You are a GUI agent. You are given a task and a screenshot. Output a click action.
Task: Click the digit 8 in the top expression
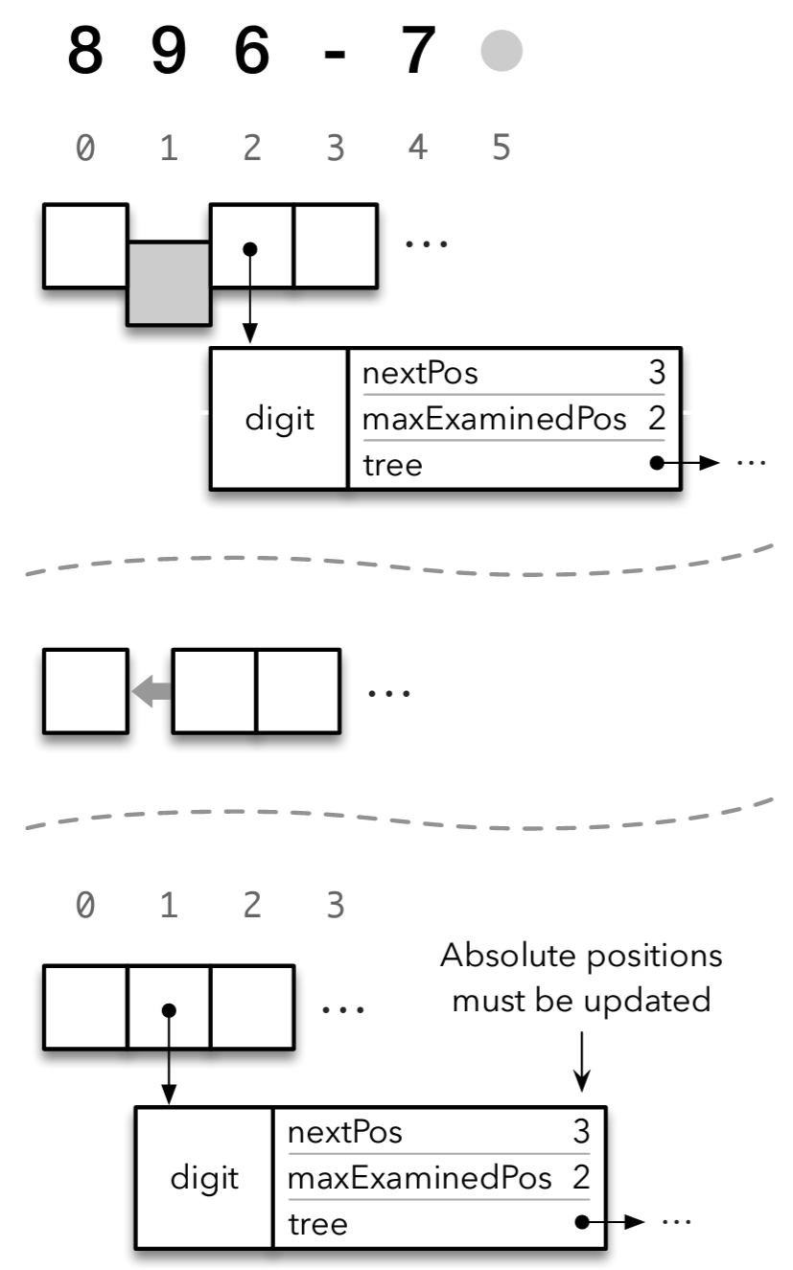tap(85, 53)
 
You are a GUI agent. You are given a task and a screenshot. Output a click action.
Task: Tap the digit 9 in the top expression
tap(169, 53)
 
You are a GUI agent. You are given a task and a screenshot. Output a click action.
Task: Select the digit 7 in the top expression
tap(419, 53)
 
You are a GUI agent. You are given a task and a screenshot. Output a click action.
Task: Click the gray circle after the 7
tap(501, 52)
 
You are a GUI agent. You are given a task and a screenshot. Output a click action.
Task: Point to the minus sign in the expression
tap(335, 56)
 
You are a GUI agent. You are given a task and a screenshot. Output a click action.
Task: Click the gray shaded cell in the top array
tap(169, 284)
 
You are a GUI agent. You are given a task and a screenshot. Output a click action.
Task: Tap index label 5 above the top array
tap(501, 149)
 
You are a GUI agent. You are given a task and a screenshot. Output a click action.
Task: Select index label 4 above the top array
tap(418, 149)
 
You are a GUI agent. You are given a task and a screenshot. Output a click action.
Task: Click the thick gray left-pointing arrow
tap(149, 690)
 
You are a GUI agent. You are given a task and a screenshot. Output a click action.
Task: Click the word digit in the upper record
tap(280, 420)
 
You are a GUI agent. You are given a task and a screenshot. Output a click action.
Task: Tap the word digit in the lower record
tap(204, 1178)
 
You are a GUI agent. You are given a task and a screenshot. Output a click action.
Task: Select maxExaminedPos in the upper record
tap(495, 419)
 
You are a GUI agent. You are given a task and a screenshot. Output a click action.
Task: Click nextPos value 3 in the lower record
tap(581, 1132)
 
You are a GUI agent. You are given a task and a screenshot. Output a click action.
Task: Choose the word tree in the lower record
tap(317, 1223)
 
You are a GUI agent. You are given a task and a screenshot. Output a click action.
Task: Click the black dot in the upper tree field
tap(656, 463)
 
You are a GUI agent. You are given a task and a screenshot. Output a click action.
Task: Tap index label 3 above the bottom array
tap(335, 905)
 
